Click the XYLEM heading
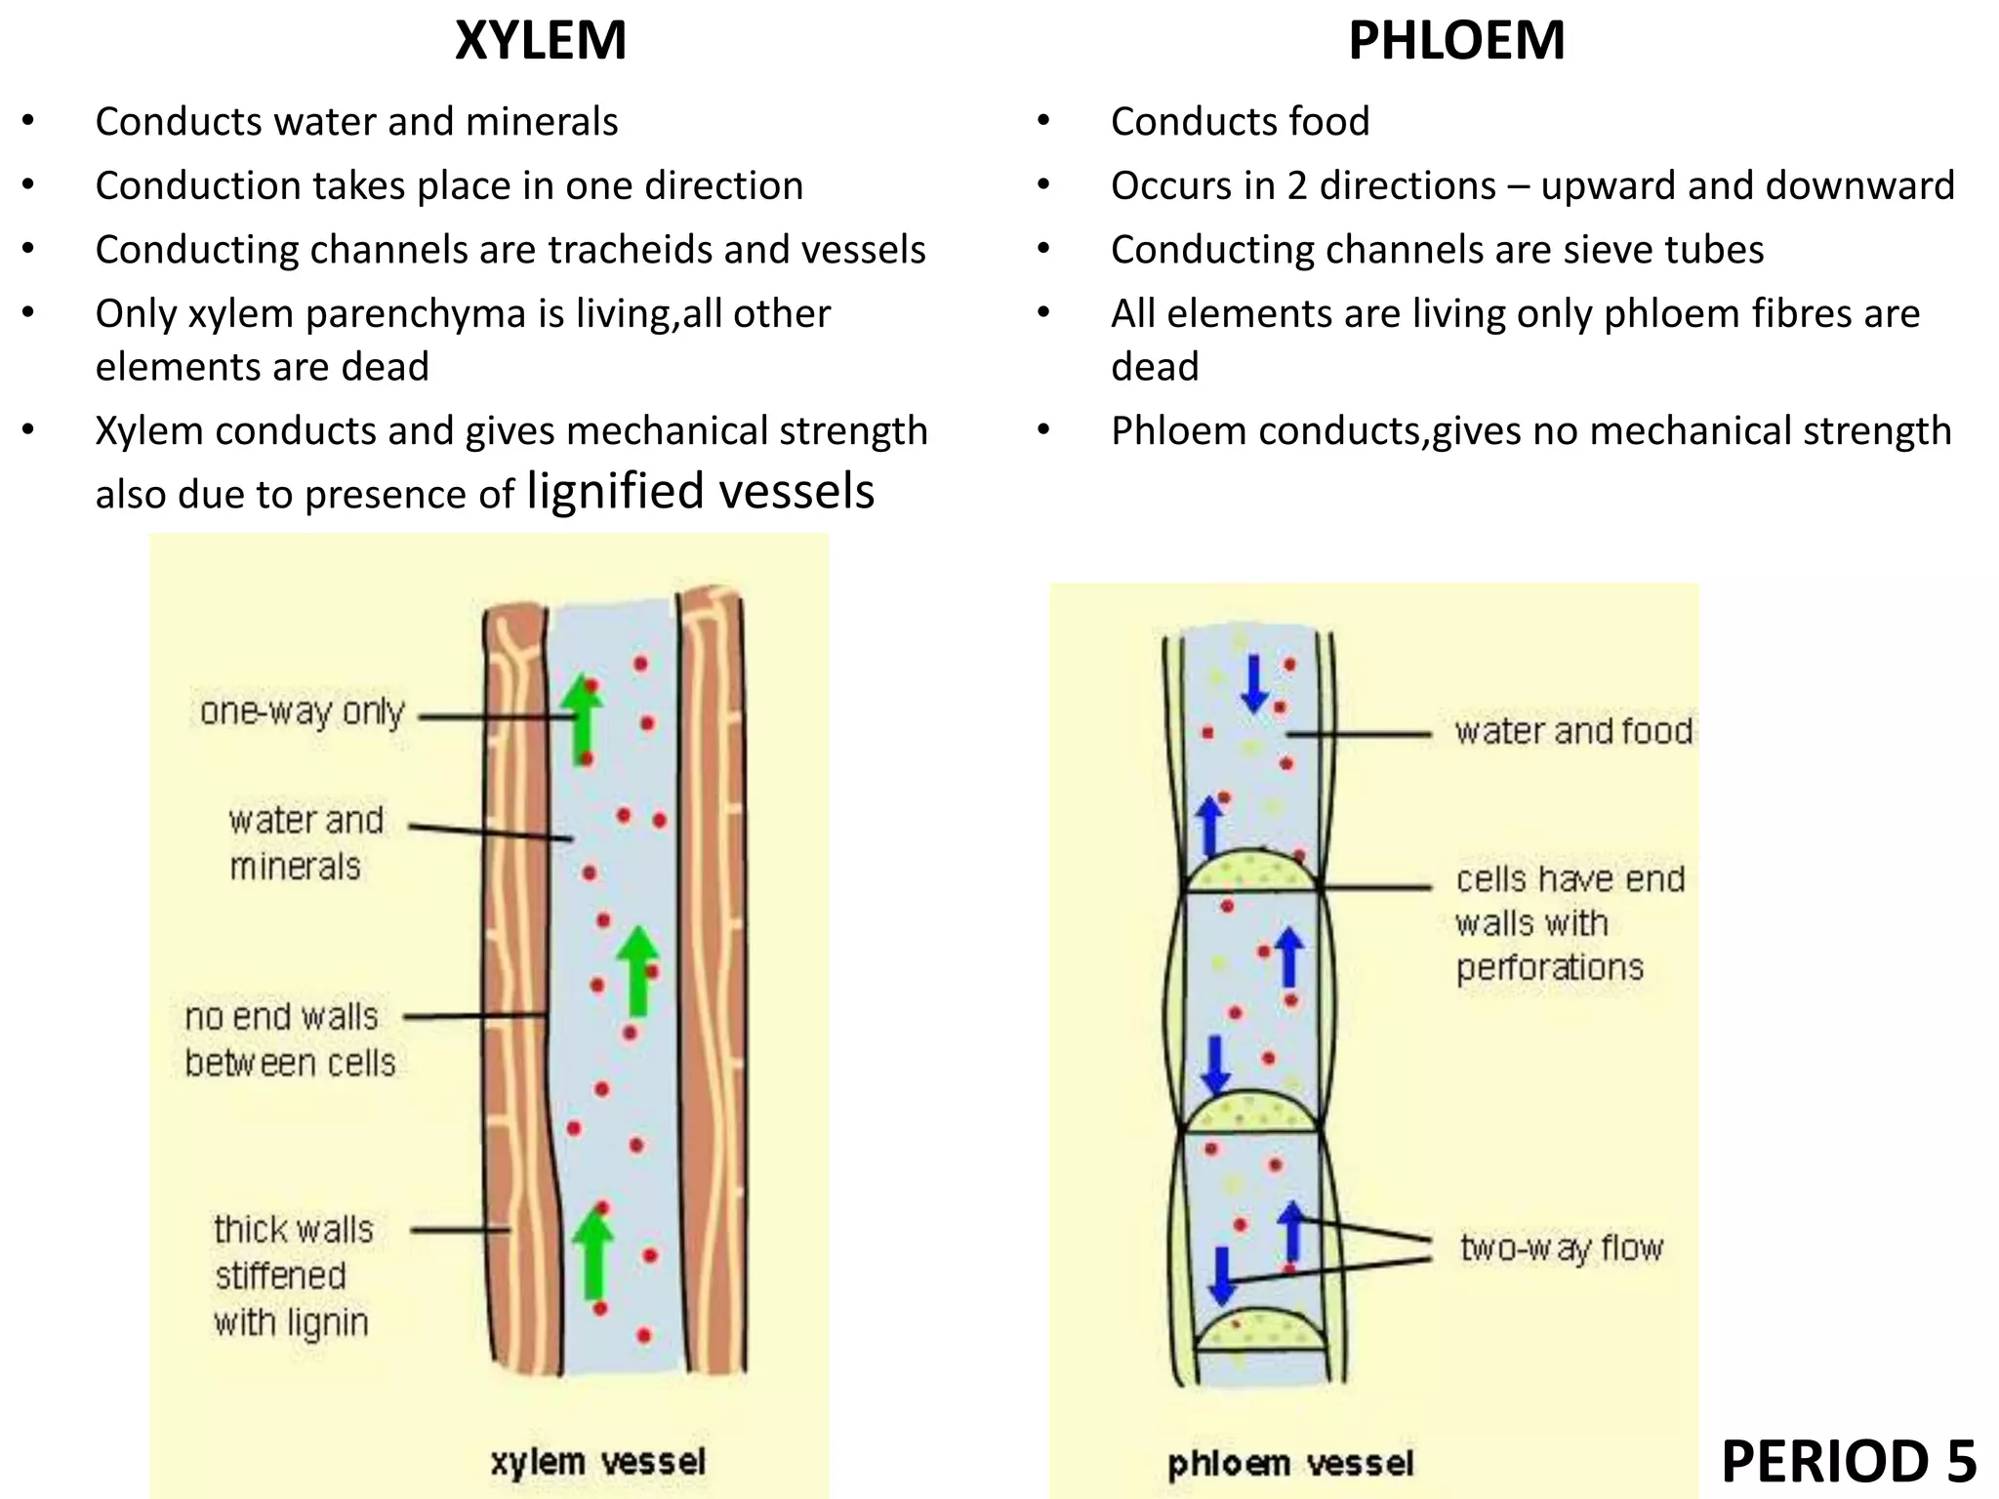pyautogui.click(x=541, y=41)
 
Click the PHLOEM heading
pyautogui.click(x=1456, y=41)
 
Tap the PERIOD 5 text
pyautogui.click(x=1849, y=1461)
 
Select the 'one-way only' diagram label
pyautogui.click(x=303, y=712)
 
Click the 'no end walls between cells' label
pyautogui.click(x=290, y=1039)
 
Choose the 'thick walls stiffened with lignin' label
pyautogui.click(x=292, y=1276)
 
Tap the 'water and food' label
pyautogui.click(x=1573, y=731)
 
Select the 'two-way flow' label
pyautogui.click(x=1561, y=1248)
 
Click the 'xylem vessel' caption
pyautogui.click(x=597, y=1461)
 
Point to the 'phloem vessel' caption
pyautogui.click(x=1290, y=1463)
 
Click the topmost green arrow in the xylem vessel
pyautogui.click(x=583, y=719)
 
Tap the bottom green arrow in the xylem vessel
pyautogui.click(x=592, y=1252)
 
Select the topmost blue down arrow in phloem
pyautogui.click(x=1254, y=683)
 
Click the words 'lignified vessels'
pyautogui.click(x=700, y=491)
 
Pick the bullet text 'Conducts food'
pyautogui.click(x=1240, y=122)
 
